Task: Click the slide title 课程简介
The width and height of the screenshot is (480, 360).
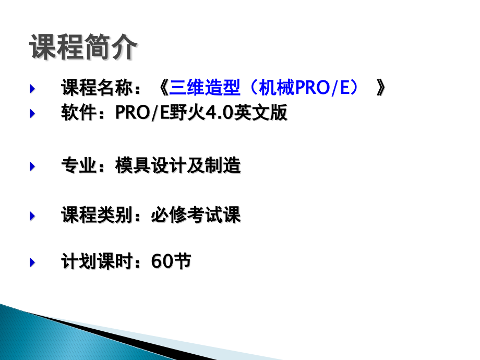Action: [83, 48]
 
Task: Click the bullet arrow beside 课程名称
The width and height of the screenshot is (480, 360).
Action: [32, 89]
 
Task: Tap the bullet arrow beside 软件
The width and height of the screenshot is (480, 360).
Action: [32, 113]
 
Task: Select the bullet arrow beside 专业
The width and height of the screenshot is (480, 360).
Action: [32, 166]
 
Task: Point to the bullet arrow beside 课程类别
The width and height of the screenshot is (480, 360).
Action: [32, 215]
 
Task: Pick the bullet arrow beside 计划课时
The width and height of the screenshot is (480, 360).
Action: [32, 262]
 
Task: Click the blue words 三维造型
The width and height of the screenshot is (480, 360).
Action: [205, 89]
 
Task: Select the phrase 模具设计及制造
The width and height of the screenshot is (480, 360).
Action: [178, 166]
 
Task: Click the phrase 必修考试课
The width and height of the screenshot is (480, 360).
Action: [196, 215]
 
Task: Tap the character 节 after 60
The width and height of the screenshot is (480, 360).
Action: [182, 262]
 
